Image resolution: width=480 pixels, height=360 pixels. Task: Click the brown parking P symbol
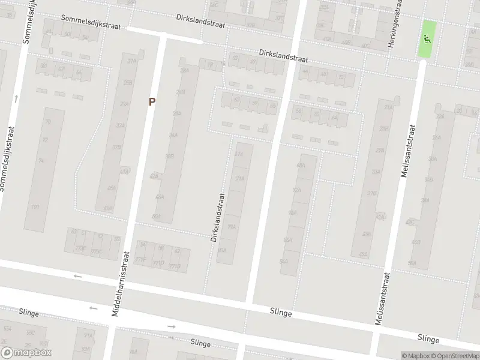coord(152,102)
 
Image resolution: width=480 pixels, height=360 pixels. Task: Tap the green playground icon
coord(427,40)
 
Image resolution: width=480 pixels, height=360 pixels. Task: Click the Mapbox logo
coord(26,353)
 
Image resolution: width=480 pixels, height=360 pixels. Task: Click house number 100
coord(35,207)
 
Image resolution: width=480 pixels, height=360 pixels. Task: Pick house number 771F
coord(140,259)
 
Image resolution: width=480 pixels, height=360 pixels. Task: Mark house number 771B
coord(174,266)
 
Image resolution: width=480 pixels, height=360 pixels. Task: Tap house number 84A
coord(283,262)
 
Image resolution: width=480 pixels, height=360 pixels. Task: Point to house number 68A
coord(301,166)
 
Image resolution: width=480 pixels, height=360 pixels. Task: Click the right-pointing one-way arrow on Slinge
coord(172,326)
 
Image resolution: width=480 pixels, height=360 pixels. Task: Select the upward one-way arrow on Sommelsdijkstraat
coord(16,98)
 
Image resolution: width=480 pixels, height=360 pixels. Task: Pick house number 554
coord(8,329)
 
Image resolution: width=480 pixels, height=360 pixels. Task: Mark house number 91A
coord(88,336)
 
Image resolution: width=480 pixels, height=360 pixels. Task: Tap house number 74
coord(41,161)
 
